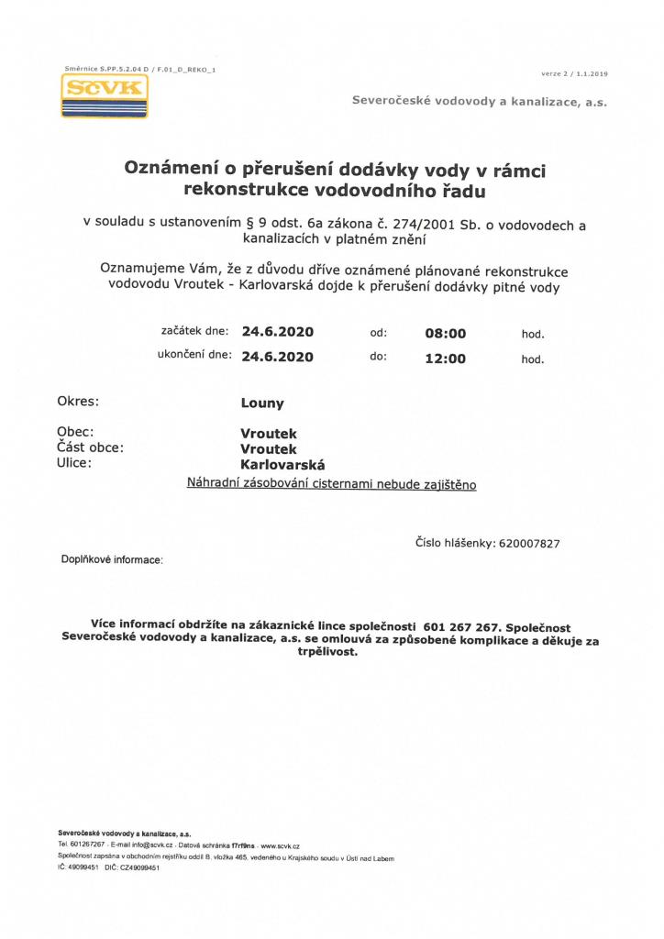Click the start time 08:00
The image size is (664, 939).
click(x=446, y=334)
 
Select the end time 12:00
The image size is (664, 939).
click(x=446, y=359)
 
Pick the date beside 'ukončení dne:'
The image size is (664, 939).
click(x=278, y=358)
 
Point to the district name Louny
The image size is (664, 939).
click(x=262, y=403)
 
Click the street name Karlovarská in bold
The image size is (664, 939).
click(x=282, y=464)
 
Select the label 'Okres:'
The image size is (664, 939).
click(x=78, y=402)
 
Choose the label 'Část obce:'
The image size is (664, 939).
click(x=90, y=448)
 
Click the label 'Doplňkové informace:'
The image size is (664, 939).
click(x=112, y=558)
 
